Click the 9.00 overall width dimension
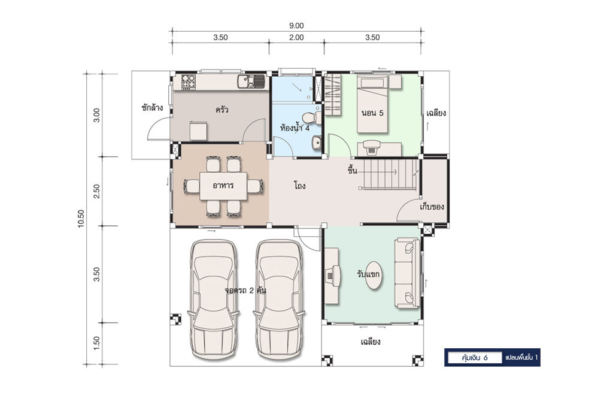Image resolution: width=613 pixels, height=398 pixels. pos(296,26)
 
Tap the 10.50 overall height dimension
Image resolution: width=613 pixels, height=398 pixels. pos(81,218)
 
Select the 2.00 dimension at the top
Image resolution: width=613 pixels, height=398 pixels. pos(296,38)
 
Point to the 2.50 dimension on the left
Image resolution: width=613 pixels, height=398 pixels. pos(96,191)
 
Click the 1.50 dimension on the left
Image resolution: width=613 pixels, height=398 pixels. pos(96,343)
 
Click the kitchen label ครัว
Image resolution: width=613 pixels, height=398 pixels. pos(221,110)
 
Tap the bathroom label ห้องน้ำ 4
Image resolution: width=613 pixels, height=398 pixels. pos(295,128)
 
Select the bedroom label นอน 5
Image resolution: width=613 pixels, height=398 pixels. pos(372,113)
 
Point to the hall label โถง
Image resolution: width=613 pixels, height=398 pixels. pos(299,185)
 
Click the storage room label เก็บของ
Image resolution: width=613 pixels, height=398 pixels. pos(432,206)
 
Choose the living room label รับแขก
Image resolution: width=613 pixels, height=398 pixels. pos(368,274)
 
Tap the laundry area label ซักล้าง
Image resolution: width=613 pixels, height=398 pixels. pos(152,107)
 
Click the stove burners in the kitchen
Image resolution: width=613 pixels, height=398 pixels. pos(189,81)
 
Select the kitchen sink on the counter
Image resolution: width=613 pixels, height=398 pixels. pos(251,82)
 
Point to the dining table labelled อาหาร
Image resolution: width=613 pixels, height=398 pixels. pos(223,186)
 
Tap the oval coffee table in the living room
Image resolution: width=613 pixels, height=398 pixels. pos(374,276)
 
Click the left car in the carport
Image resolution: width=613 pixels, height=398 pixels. pos(214,299)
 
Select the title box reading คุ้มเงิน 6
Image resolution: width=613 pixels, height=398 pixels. pos(475,358)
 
